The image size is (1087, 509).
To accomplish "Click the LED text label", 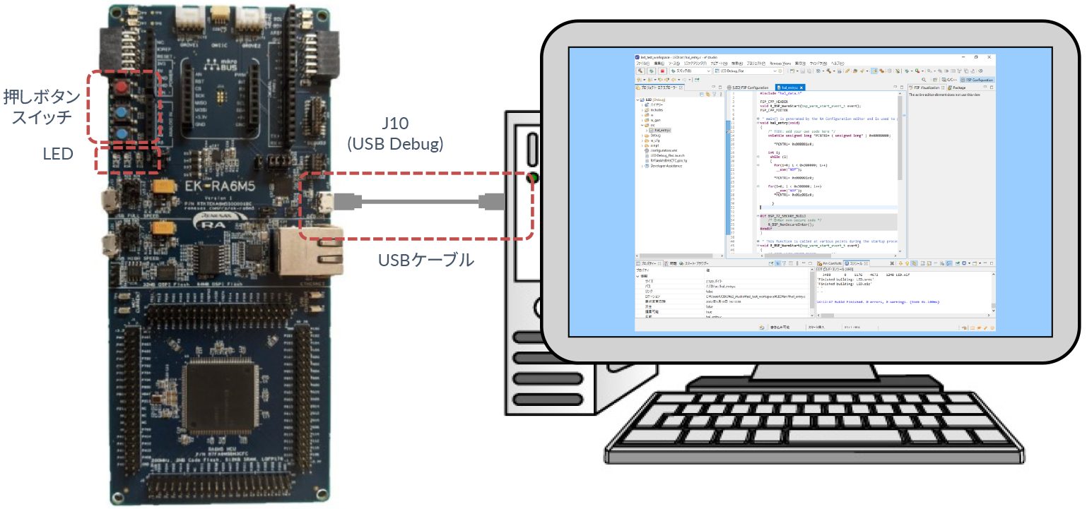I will click(x=59, y=152).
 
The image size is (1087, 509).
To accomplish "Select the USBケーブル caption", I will click(x=426, y=260).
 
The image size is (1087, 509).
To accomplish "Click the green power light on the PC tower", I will click(x=532, y=177).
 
